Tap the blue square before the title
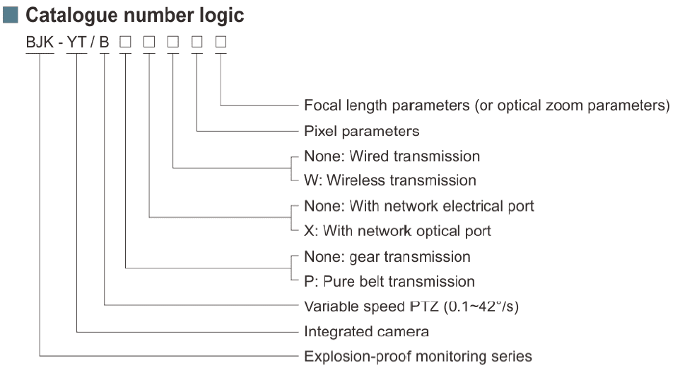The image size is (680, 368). [x=12, y=13]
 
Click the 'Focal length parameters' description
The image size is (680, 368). [x=486, y=105]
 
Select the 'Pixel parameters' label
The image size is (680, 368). [x=361, y=131]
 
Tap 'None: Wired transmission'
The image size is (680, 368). [x=392, y=156]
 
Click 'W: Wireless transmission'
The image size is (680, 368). [x=389, y=180]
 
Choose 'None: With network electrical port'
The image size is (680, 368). [x=418, y=206]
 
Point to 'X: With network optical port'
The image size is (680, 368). [x=397, y=231]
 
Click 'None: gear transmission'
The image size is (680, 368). [x=387, y=256]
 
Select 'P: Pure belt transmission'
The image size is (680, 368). [x=389, y=281]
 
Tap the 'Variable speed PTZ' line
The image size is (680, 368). [x=412, y=306]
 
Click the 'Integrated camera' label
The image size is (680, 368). [x=366, y=331]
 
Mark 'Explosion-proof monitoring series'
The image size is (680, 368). [x=417, y=356]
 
